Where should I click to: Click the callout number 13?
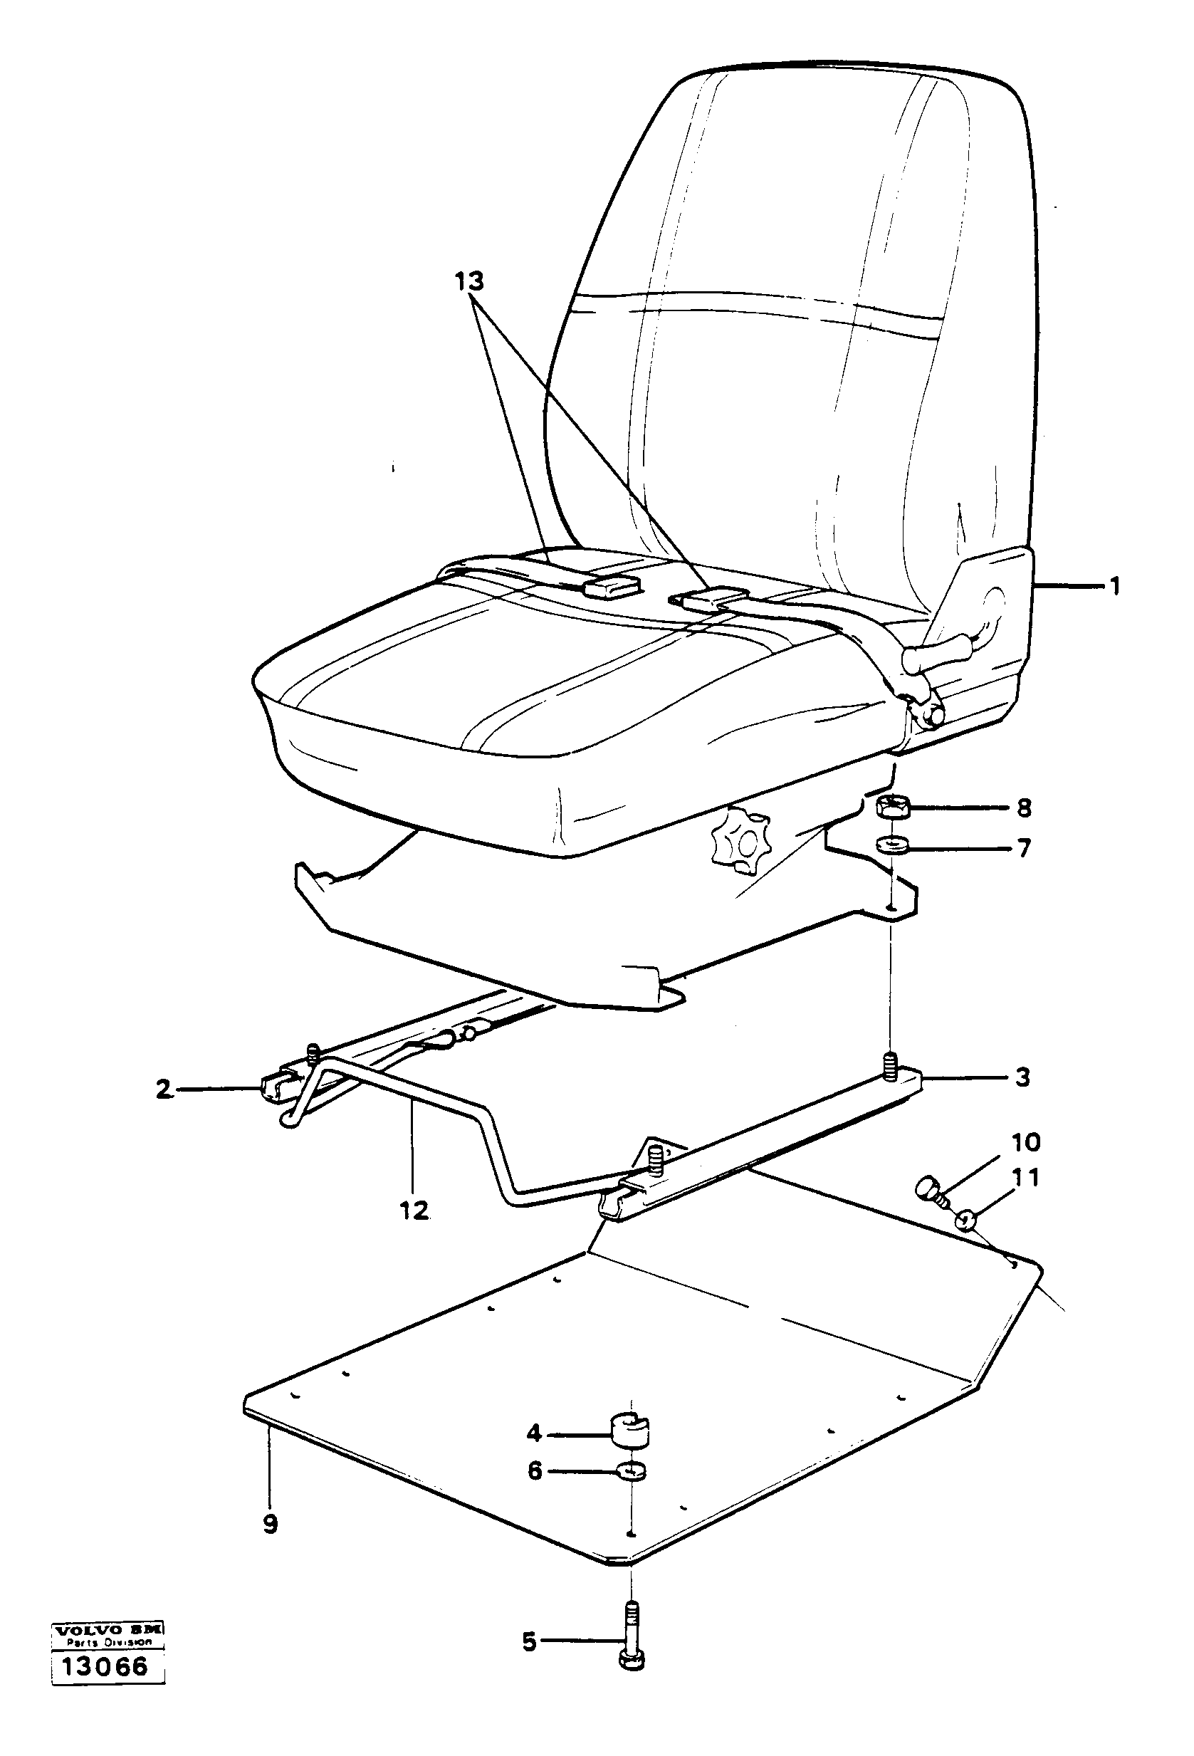point(468,282)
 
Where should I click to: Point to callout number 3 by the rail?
point(1022,1077)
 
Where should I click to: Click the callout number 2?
point(164,1089)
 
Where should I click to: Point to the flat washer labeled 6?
point(629,1470)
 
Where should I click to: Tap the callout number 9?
point(270,1524)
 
